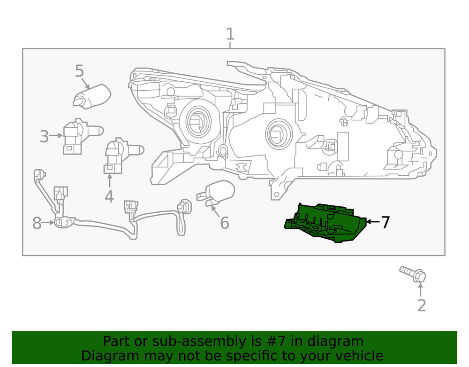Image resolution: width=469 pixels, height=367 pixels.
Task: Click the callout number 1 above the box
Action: click(230, 34)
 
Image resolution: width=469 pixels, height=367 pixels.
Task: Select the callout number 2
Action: click(421, 305)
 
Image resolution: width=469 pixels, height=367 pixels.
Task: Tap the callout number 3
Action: click(44, 137)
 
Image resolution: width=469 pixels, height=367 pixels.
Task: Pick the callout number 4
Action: click(109, 196)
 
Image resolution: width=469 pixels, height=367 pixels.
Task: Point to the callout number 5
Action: click(79, 71)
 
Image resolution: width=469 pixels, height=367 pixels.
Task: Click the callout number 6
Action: click(225, 223)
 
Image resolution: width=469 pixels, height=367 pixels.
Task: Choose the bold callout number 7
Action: click(385, 222)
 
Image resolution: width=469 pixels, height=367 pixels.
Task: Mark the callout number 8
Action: click(37, 224)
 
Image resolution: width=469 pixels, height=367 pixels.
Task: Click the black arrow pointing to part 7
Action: click(373, 221)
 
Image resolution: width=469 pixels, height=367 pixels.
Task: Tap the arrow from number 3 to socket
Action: click(56, 135)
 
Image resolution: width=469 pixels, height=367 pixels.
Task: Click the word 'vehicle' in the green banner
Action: click(356, 356)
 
